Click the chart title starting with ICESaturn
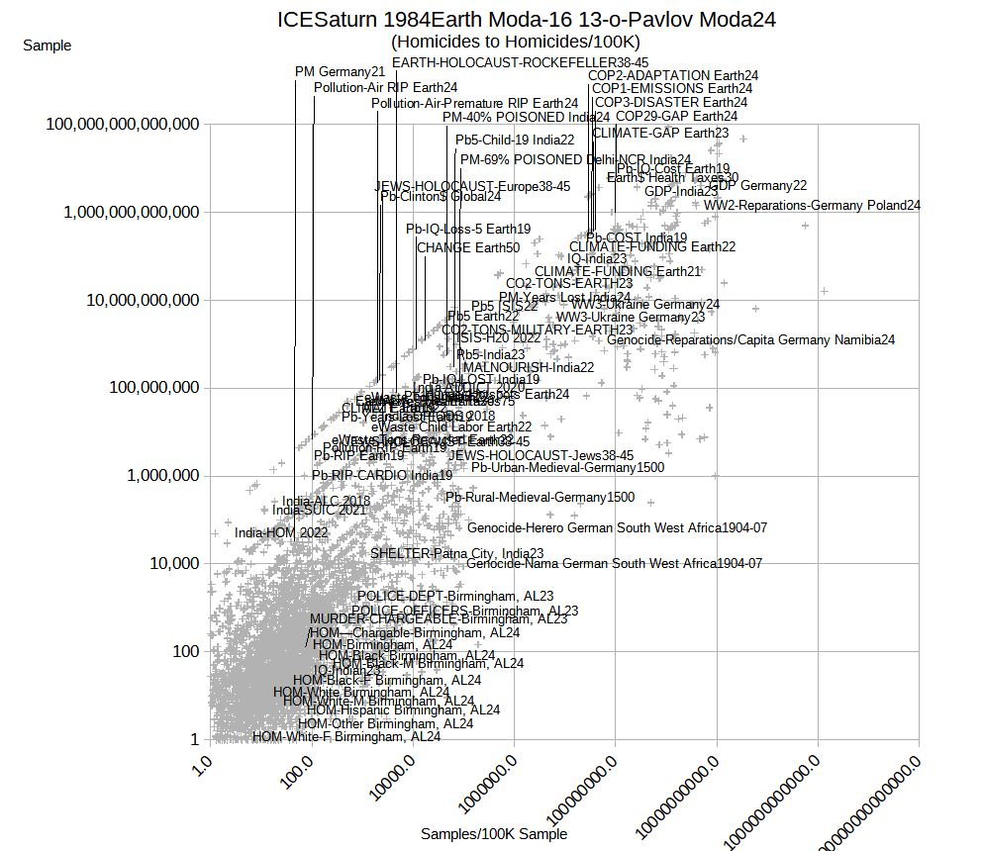[x=526, y=20]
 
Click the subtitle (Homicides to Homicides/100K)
[x=516, y=42]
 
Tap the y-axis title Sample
[x=47, y=45]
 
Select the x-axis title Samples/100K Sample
[x=494, y=834]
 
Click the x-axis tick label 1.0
[x=202, y=767]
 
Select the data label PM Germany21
[x=340, y=71]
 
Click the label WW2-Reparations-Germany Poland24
[x=812, y=206]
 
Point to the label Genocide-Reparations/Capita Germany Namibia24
[x=750, y=340]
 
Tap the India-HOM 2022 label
[x=281, y=533]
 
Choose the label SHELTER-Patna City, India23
[x=456, y=553]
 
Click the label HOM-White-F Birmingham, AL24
[x=346, y=737]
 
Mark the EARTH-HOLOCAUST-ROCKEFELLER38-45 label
[x=520, y=62]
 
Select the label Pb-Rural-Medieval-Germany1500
[x=540, y=498]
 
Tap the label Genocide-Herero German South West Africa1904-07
[x=617, y=528]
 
